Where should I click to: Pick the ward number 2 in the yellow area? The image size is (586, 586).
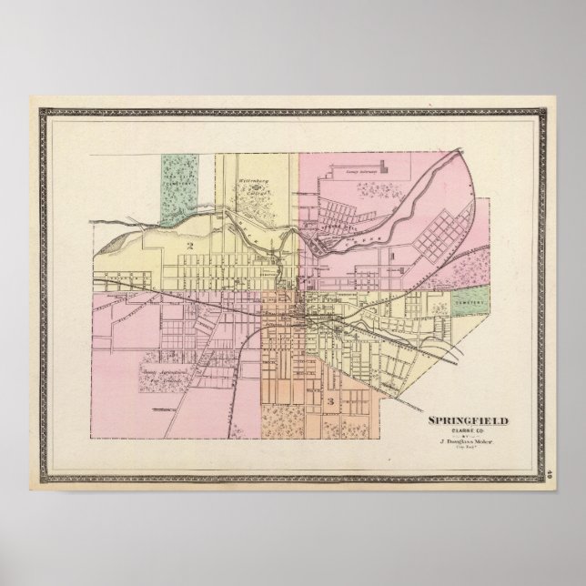(x=190, y=246)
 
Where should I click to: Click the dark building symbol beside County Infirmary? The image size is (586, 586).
(x=385, y=166)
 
